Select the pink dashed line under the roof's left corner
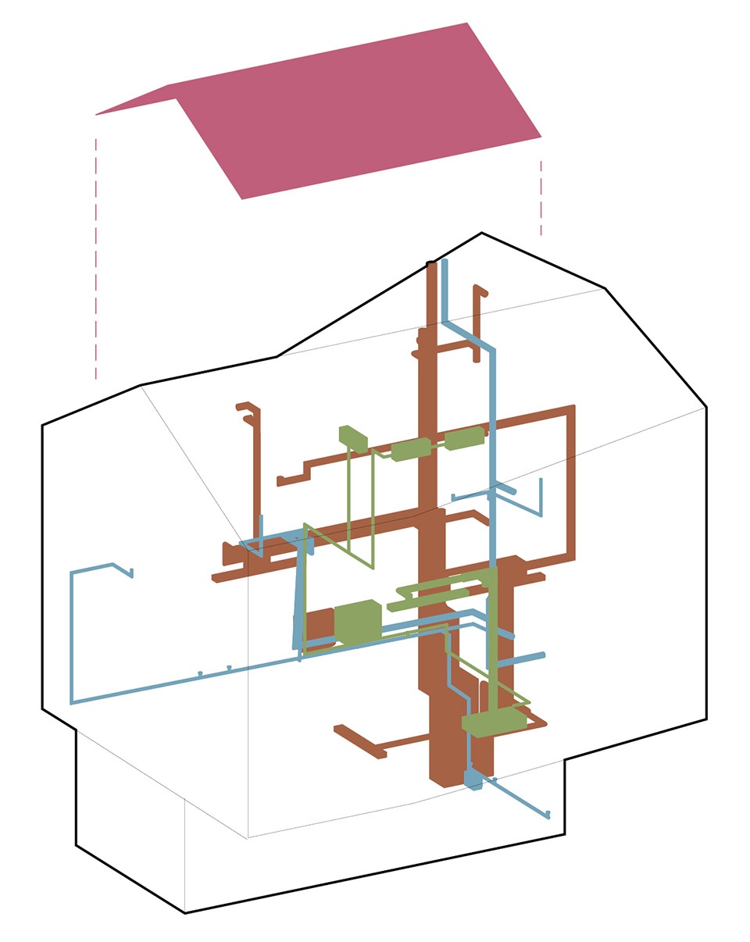96,258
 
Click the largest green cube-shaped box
358,623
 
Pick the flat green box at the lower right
495,723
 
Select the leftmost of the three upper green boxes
353,437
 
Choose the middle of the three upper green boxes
411,450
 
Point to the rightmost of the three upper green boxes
465,438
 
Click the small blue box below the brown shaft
473,779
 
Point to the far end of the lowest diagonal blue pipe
548,814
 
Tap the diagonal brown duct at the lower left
359,742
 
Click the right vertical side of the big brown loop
571,484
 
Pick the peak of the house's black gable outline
481,233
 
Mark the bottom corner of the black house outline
185,912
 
